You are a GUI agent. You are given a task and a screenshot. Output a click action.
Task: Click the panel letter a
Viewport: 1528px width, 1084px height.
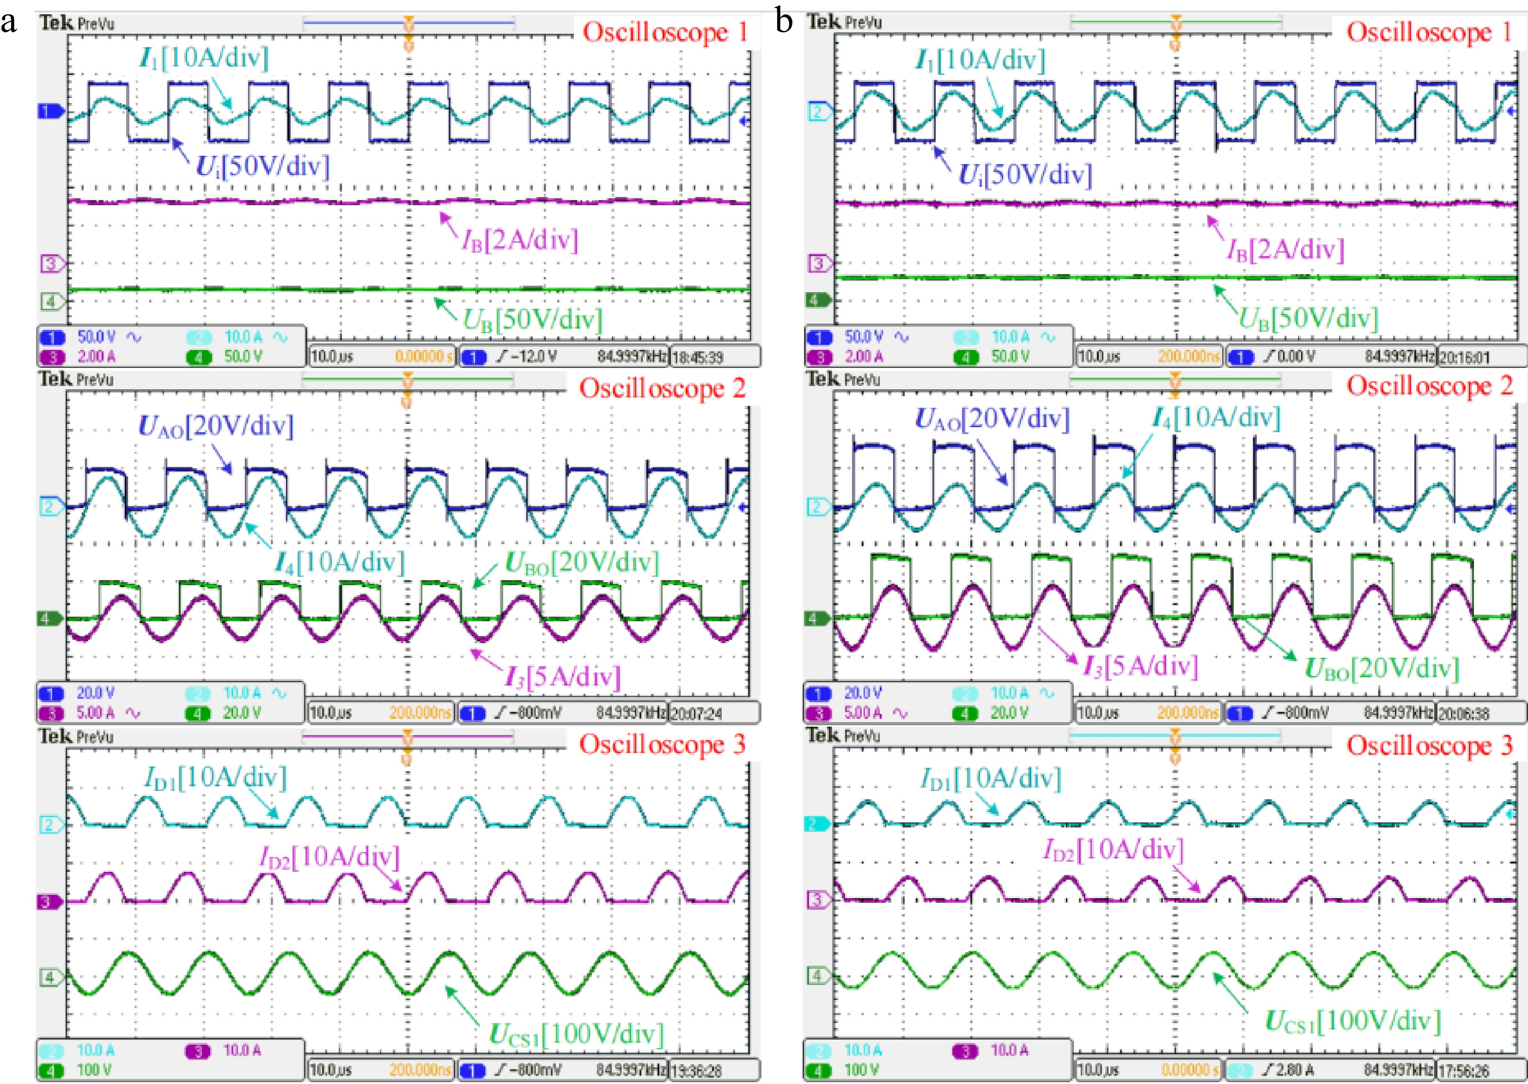click(9, 23)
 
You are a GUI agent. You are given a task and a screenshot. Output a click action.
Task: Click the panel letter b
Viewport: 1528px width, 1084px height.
click(785, 23)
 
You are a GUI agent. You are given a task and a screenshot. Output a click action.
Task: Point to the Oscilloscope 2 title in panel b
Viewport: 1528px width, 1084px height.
click(1429, 386)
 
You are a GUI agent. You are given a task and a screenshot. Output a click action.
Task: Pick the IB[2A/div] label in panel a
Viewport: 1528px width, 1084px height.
click(520, 239)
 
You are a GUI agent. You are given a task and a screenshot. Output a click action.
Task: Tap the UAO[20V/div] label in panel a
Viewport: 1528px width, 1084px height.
click(215, 426)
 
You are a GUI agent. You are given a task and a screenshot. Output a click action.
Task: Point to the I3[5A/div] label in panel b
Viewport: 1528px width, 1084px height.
click(1140, 666)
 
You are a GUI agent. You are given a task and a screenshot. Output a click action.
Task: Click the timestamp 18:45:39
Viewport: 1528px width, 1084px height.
click(697, 357)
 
